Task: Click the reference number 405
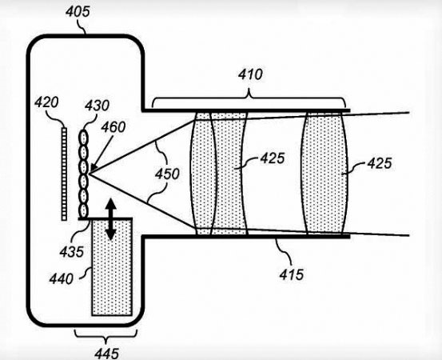point(78,12)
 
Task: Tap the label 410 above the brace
point(250,74)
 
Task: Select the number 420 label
point(46,102)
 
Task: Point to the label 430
point(97,106)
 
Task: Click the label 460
point(113,127)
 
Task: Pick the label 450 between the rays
point(167,174)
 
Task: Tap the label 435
point(72,252)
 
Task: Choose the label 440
point(62,279)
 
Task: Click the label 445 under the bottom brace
point(107,354)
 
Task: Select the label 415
point(292,274)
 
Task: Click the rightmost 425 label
point(380,163)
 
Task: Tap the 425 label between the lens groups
point(273,158)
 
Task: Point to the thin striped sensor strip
point(64,174)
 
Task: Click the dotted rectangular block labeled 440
point(112,267)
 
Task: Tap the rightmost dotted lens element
point(325,173)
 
